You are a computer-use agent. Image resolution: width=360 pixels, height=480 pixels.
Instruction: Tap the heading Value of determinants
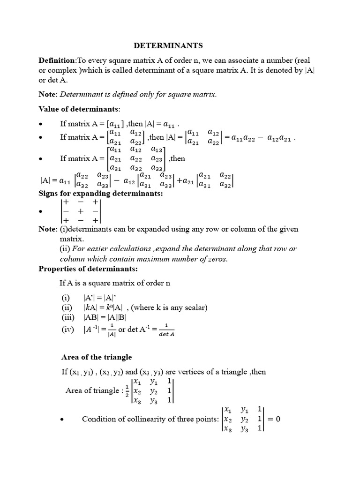pos(79,109)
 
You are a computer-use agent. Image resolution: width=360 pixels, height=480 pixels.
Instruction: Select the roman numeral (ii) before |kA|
pos(66,307)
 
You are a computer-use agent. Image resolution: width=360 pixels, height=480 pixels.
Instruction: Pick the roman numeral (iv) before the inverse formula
pos(67,330)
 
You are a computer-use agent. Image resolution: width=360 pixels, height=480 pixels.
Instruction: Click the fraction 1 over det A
pos(166,330)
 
